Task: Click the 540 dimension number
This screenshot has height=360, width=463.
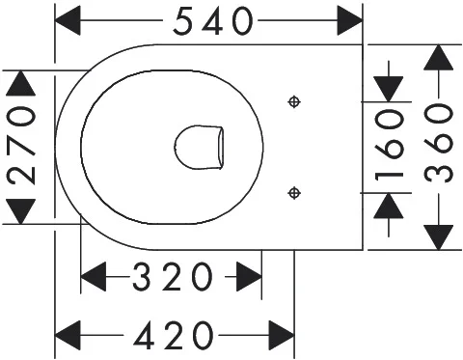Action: pyautogui.click(x=213, y=21)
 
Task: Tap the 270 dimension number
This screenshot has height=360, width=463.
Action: pyautogui.click(x=22, y=147)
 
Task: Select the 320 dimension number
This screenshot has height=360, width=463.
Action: pyautogui.click(x=173, y=276)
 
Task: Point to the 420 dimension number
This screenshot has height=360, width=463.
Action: pyautogui.click(x=174, y=336)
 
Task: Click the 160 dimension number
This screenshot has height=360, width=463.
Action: pyautogui.click(x=389, y=144)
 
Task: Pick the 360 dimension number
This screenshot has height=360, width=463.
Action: pyautogui.click(x=439, y=143)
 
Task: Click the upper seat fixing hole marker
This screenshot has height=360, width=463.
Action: pyautogui.click(x=294, y=102)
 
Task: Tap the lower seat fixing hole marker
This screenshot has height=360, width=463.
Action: pyautogui.click(x=294, y=193)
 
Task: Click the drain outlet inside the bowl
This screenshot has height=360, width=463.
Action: pyautogui.click(x=199, y=148)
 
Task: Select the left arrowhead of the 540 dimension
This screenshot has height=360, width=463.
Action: pyautogui.click(x=68, y=20)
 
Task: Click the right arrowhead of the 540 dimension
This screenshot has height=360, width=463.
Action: pyautogui.click(x=350, y=20)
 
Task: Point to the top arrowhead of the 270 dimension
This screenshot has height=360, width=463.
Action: pyautogui.click(x=21, y=83)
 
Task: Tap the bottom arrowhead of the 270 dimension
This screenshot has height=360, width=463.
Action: pyautogui.click(x=21, y=211)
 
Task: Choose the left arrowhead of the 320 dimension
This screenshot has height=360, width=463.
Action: pyautogui.click(x=94, y=276)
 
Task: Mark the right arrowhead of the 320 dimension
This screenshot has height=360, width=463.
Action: pyautogui.click(x=249, y=276)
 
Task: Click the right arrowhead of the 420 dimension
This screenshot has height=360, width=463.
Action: pyautogui.click(x=282, y=335)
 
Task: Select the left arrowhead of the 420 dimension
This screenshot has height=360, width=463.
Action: pyautogui.click(x=68, y=335)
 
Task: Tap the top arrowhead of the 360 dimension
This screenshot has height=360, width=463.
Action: pyautogui.click(x=439, y=57)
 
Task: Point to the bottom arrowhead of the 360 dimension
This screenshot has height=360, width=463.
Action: pyautogui.click(x=439, y=237)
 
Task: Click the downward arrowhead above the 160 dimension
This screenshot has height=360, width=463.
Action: pyautogui.click(x=389, y=89)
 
